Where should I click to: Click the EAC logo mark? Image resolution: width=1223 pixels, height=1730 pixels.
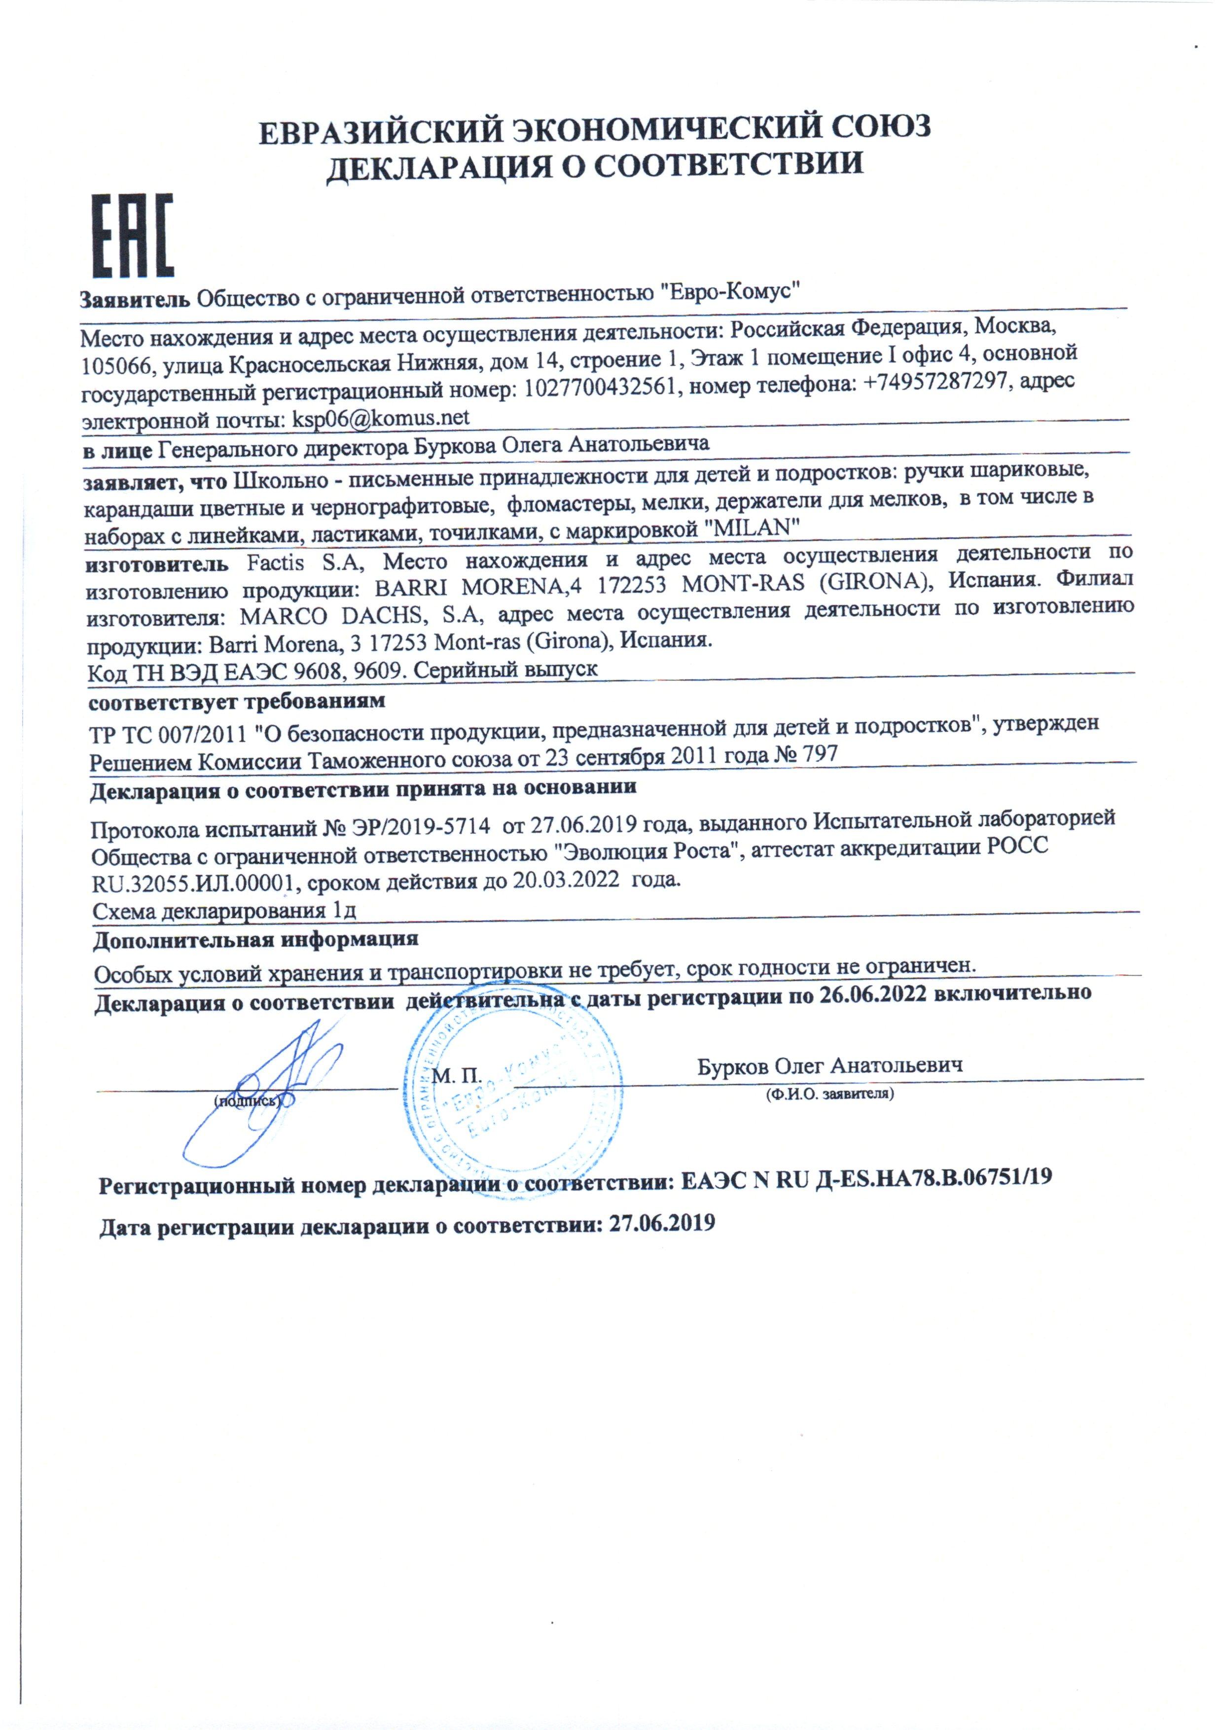[x=133, y=236]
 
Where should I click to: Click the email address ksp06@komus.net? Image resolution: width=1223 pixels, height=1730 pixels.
[x=381, y=418]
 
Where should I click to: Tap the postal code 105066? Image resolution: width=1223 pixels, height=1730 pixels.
[x=114, y=366]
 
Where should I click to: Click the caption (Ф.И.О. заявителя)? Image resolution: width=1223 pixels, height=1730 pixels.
[x=829, y=1094]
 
